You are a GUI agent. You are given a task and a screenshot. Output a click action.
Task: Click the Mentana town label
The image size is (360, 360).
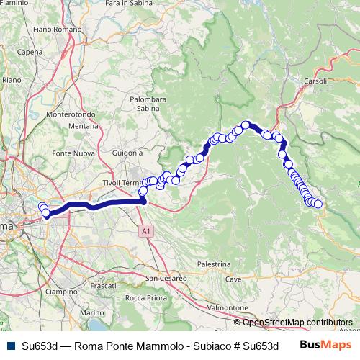(83, 125)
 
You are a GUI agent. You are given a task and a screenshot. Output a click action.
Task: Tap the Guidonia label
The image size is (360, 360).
(128, 153)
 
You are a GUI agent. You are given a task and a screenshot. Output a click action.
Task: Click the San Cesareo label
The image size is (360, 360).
(166, 278)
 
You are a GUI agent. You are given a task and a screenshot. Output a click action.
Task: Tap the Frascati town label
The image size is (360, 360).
(104, 286)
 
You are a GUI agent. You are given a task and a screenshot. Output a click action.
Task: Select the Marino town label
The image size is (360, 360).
(91, 313)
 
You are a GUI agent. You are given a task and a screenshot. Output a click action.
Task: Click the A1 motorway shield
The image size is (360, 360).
(145, 230)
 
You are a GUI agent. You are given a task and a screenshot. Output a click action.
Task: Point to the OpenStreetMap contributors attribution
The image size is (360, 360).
(297, 323)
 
